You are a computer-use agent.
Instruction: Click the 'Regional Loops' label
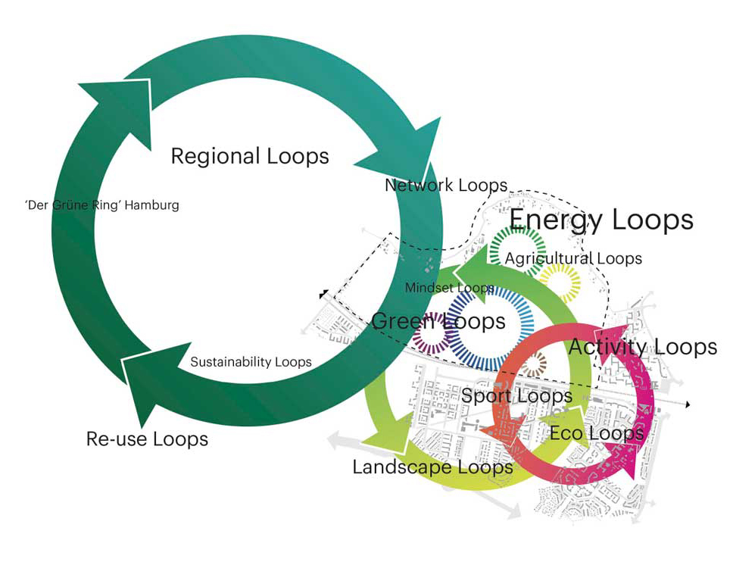250,156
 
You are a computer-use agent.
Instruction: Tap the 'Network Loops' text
446,185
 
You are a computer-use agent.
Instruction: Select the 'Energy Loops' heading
601,220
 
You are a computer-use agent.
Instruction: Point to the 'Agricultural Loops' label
573,258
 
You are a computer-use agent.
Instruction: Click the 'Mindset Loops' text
450,288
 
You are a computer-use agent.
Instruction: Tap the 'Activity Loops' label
642,347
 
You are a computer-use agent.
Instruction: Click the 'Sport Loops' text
516,395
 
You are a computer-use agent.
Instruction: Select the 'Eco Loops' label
597,433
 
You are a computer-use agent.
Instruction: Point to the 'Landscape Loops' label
432,467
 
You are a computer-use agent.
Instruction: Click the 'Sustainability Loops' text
251,362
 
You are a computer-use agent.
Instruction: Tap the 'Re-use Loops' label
147,439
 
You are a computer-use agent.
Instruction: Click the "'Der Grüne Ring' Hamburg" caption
102,205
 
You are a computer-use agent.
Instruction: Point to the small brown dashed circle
534,365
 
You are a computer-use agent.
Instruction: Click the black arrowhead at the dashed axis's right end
687,405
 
